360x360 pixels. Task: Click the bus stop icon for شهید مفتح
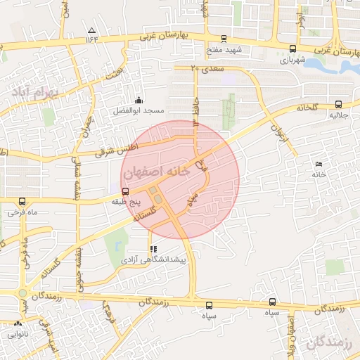coord(224,39)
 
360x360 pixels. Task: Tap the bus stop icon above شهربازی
coord(292,49)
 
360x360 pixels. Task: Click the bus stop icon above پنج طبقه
coord(125,191)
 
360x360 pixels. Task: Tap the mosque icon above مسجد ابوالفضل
coord(139,100)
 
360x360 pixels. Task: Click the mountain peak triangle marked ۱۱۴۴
coord(92,30)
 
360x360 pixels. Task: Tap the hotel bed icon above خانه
coord(319,164)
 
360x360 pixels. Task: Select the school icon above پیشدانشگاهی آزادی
coord(153,249)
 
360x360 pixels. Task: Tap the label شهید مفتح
coord(224,51)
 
